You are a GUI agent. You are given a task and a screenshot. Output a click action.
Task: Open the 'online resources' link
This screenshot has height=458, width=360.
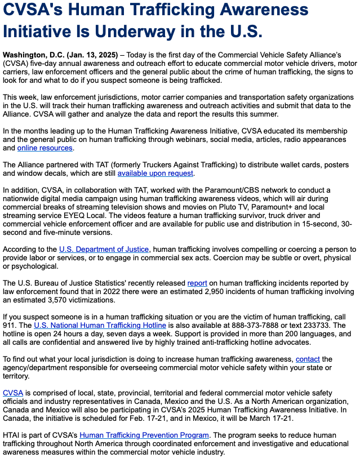[45, 148]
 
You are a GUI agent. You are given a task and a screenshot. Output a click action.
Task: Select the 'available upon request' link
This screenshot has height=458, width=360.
[155, 174]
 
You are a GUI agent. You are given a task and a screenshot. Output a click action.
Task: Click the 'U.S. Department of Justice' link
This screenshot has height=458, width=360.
[104, 249]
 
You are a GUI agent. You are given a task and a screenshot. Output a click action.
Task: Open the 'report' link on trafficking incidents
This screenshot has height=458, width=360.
[197, 283]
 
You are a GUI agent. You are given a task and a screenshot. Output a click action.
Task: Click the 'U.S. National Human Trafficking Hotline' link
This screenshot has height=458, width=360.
[100, 325]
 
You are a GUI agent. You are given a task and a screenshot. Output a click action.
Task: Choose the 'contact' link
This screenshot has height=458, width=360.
[308, 359]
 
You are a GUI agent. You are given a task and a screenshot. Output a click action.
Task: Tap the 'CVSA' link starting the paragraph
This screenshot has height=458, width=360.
[13, 393]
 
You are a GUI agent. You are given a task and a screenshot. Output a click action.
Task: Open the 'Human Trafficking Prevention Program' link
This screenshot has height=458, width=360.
[144, 435]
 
